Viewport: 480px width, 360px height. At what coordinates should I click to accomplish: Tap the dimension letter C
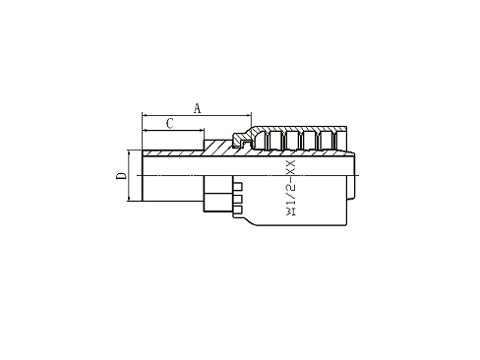coord(170,123)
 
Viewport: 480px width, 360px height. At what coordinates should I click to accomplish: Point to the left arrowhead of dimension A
coord(146,115)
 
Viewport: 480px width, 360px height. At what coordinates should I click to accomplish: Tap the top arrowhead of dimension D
coord(130,151)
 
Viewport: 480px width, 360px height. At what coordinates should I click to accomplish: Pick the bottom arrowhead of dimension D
coord(130,200)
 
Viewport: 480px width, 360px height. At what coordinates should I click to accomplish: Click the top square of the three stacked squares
coord(238,184)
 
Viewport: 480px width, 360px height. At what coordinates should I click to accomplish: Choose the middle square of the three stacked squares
coord(238,197)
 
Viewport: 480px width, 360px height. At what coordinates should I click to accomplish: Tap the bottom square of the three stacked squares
coord(238,208)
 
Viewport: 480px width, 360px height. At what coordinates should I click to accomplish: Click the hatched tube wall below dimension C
coord(173,152)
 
